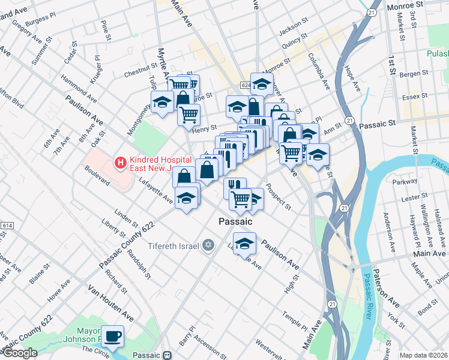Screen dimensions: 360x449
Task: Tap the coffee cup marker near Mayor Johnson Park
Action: (112, 336)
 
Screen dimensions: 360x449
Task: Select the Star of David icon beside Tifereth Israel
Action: (208, 245)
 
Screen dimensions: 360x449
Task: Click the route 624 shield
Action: (245, 86)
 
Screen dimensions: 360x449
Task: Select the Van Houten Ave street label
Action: (112, 303)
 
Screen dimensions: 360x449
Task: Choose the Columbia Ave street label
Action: (319, 71)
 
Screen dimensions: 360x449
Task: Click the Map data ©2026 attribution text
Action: (423, 355)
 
